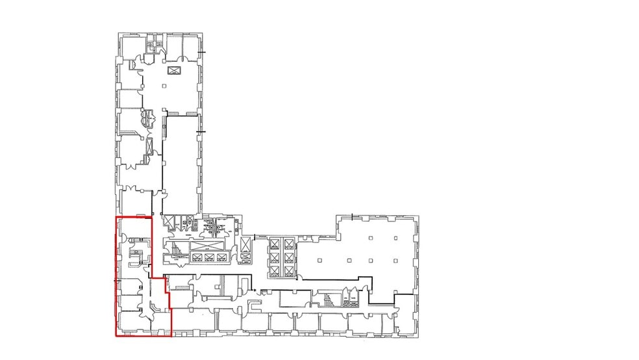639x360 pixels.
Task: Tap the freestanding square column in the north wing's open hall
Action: point(165,86)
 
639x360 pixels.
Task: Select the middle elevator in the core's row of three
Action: point(209,257)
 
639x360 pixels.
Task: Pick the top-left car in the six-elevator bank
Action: point(274,244)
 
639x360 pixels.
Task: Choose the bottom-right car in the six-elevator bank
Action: point(289,270)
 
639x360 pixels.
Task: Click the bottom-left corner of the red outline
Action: point(117,336)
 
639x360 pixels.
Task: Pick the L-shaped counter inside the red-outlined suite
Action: point(134,256)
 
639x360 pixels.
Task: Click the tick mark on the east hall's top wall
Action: point(353,215)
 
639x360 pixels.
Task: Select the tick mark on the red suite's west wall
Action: point(117,279)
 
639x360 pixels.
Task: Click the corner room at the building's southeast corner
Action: point(406,322)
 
